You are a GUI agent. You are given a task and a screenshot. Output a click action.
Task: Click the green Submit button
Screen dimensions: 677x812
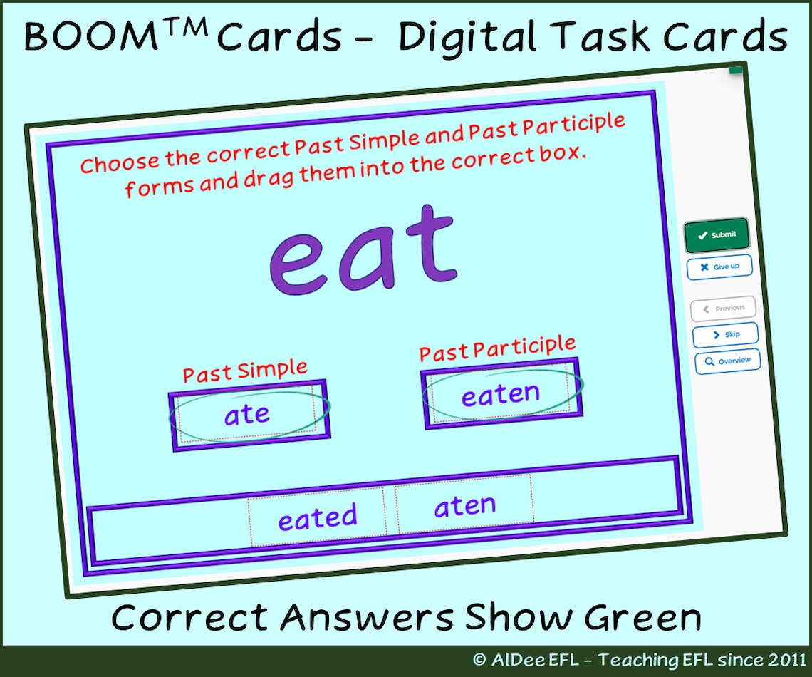717,235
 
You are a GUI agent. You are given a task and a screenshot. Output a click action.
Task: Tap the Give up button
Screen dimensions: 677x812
719,267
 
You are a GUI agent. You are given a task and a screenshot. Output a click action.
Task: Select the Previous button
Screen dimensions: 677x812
723,309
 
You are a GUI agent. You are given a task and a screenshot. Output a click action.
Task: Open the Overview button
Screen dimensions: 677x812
727,361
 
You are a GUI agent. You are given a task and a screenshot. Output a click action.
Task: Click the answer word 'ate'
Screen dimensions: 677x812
247,415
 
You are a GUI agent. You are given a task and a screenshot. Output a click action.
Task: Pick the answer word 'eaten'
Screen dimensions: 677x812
500,394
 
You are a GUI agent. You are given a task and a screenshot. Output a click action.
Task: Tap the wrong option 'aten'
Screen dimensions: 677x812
464,507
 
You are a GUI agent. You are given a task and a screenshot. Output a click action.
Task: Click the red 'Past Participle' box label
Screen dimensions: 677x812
497,349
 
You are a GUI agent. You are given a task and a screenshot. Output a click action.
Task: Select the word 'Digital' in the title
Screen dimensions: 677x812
484,37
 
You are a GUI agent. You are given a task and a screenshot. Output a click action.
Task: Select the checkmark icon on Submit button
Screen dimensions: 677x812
702,236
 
